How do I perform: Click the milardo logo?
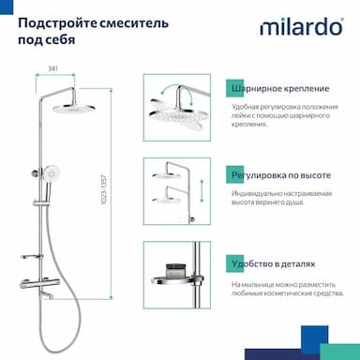(302, 26)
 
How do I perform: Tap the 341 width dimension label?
(52, 68)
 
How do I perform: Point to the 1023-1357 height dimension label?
(104, 190)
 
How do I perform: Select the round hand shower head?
(51, 172)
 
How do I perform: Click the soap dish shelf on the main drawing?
(30, 257)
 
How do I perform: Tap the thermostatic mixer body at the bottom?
(39, 283)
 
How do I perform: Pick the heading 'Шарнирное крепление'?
(280, 88)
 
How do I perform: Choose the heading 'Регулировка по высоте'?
(281, 175)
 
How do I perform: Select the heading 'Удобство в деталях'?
(274, 264)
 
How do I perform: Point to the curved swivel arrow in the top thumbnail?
(175, 89)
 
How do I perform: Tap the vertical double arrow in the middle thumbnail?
(202, 190)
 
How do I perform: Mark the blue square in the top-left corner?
(7, 7)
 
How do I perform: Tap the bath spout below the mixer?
(46, 295)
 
